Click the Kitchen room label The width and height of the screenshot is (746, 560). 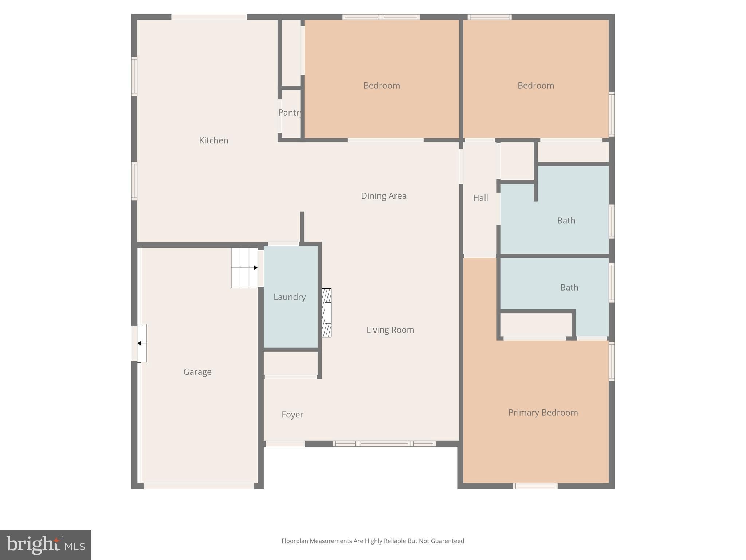[213, 140]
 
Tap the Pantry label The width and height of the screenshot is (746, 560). [290, 113]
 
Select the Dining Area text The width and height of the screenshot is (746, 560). [384, 196]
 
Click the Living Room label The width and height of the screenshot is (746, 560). [390, 330]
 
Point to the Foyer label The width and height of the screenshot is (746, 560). [292, 415]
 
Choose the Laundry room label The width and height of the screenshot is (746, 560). [290, 297]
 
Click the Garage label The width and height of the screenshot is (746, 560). [197, 372]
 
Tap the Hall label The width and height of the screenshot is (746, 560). [480, 198]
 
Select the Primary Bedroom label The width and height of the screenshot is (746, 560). [543, 413]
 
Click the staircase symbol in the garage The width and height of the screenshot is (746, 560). [244, 268]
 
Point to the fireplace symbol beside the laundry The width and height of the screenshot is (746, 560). [326, 313]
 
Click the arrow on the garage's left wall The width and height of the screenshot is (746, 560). [142, 343]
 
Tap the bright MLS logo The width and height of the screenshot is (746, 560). [46, 545]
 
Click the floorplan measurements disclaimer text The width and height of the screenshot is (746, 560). [373, 541]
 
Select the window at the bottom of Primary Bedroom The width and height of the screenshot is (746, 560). [535, 486]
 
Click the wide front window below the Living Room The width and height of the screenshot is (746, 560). [384, 444]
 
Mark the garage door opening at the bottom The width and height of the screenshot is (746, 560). [199, 486]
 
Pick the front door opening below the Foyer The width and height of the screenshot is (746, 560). [285, 444]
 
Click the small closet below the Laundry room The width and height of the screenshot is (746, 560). [290, 364]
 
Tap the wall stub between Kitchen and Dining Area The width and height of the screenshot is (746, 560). [302, 227]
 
